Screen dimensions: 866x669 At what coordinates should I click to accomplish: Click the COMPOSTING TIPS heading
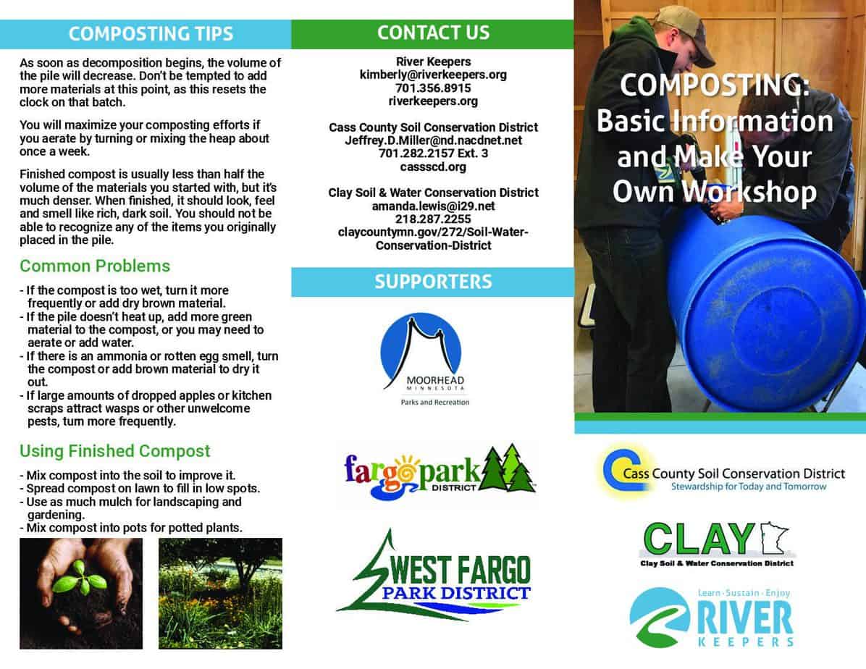click(151, 34)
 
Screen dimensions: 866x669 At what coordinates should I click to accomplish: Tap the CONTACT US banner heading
click(433, 33)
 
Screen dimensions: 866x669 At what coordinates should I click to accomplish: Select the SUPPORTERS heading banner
click(433, 282)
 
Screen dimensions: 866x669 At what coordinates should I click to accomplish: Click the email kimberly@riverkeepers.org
click(433, 75)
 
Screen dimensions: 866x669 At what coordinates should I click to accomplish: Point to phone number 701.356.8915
click(433, 88)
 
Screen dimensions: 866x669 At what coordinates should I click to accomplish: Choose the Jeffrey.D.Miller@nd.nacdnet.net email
click(433, 140)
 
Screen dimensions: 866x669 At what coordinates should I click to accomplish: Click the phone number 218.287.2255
click(433, 219)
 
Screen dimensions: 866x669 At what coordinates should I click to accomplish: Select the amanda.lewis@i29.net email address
click(433, 206)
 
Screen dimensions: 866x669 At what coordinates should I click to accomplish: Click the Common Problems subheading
click(95, 266)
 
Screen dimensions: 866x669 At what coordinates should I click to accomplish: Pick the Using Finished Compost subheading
click(115, 451)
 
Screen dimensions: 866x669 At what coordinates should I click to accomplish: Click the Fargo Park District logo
click(439, 472)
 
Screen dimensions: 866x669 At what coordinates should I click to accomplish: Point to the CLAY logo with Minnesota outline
click(718, 544)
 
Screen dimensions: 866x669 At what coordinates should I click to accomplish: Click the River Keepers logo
click(712, 618)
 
